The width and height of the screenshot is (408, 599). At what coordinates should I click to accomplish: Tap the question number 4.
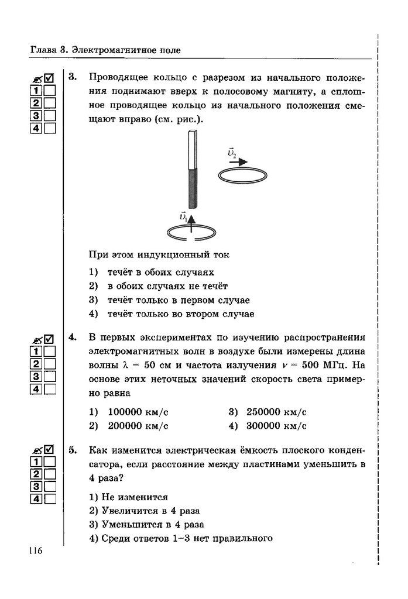73,338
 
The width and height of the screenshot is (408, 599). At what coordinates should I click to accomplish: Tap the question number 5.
73,450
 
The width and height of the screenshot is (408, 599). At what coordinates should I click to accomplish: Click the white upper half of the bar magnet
192,149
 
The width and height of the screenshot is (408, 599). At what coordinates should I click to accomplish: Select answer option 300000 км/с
276,426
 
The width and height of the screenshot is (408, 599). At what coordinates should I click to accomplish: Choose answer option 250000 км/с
276,412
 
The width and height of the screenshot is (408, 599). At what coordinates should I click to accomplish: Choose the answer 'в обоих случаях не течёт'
166,286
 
